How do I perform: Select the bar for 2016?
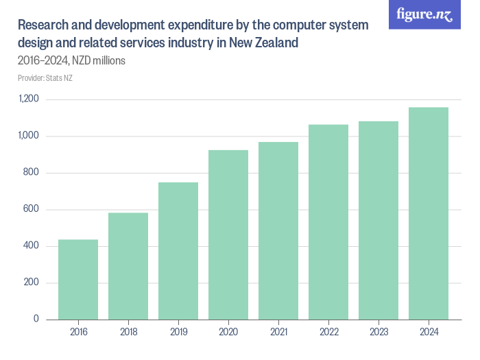[x=78, y=279]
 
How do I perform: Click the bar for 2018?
[x=128, y=266]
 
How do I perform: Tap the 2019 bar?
[x=178, y=250]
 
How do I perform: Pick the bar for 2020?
[x=228, y=235]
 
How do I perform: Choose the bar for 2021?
[x=278, y=230]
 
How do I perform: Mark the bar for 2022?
[x=328, y=221]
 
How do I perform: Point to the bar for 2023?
[x=379, y=220]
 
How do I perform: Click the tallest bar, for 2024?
[x=429, y=213]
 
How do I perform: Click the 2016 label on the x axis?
[x=78, y=333]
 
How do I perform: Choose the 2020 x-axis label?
[x=228, y=333]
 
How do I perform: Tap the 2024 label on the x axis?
[x=429, y=333]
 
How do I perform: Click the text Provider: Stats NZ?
[x=45, y=77]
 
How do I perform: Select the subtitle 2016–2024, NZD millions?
[x=71, y=60]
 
